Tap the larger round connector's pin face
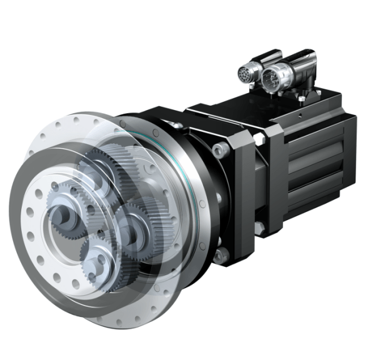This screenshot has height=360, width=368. (x=271, y=80)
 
